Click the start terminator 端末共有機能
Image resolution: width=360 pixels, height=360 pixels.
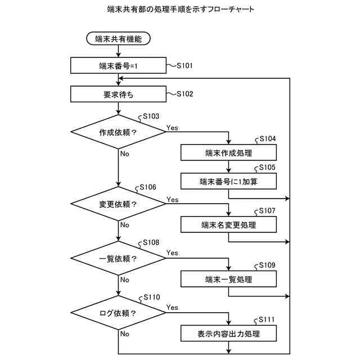(118, 38)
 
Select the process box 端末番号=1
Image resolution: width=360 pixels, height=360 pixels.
(118, 65)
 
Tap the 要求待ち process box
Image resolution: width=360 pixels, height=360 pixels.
(118, 94)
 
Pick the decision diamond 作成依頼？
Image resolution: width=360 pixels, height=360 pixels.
(118, 132)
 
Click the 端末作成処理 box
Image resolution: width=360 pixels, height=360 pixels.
(228, 152)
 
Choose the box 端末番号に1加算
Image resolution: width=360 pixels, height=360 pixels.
(228, 181)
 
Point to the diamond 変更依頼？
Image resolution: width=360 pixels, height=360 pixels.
(118, 204)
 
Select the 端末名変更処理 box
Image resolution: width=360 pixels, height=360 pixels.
(228, 224)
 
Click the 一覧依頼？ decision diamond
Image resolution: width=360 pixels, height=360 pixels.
(118, 258)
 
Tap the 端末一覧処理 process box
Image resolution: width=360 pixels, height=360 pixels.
(228, 279)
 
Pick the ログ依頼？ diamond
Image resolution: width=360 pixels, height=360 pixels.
(118, 313)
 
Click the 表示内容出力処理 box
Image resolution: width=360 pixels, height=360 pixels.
(228, 334)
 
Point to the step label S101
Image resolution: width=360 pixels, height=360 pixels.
(185, 66)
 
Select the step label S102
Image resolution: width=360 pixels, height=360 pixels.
(185, 94)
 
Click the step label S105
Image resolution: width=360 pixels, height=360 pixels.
(267, 168)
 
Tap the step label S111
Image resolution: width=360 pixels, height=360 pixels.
(267, 319)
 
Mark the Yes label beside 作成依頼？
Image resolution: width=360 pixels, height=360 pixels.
(172, 128)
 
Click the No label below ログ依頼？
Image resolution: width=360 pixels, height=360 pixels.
(125, 334)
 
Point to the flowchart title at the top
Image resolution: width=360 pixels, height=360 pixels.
(181, 9)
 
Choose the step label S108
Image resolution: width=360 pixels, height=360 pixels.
(151, 242)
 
